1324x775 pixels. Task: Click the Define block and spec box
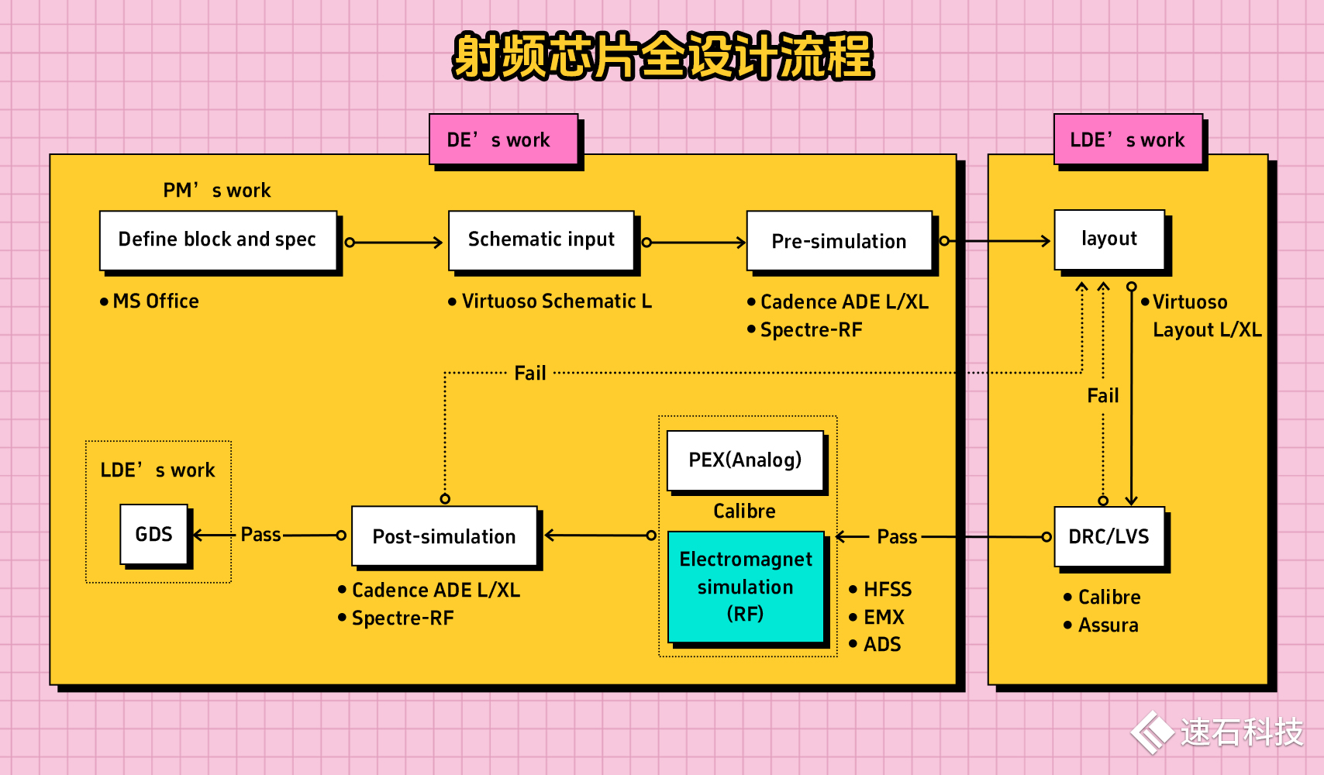pos(218,240)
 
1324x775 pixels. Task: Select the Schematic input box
pos(541,240)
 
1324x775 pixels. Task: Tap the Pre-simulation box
pos(840,240)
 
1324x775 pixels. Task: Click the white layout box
pos(1109,239)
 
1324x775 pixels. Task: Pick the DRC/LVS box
pos(1109,536)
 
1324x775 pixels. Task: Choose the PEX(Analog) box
pos(746,460)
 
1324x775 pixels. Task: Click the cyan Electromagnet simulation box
pos(746,587)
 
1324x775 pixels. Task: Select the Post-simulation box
pos(444,536)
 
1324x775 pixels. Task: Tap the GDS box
pos(153,535)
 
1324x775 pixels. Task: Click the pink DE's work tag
pos(504,139)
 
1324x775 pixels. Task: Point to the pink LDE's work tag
pos(1129,139)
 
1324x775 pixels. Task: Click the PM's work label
pos(217,191)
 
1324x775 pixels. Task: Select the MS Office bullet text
pos(150,301)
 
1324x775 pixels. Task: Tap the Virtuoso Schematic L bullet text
pos(550,301)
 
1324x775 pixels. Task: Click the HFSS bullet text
pos(881,589)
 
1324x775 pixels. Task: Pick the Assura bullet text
pos(1102,625)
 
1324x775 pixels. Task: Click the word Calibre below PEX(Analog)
pos(745,511)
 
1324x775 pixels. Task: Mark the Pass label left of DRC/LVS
pos(897,537)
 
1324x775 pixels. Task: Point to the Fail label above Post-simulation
pos(530,373)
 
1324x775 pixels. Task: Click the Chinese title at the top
pos(664,57)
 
